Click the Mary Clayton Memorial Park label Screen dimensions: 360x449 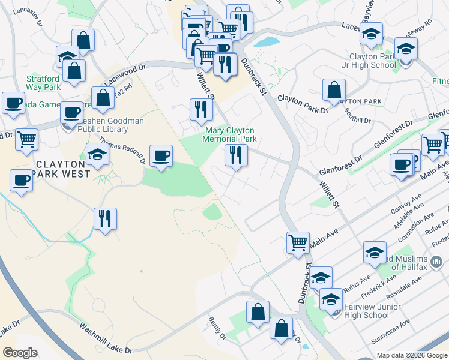(231, 134)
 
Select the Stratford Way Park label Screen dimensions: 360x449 (44, 83)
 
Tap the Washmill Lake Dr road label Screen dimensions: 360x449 (106, 338)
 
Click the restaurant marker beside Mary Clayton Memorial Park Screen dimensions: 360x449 (236, 155)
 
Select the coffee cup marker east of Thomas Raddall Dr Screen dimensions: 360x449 (161, 156)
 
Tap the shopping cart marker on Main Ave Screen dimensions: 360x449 (298, 242)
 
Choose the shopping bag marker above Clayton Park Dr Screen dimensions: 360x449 (334, 90)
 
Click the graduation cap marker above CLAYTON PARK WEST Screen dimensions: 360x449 (98, 154)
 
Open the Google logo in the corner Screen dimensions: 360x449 (20, 353)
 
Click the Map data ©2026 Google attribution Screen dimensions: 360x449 (412, 355)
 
